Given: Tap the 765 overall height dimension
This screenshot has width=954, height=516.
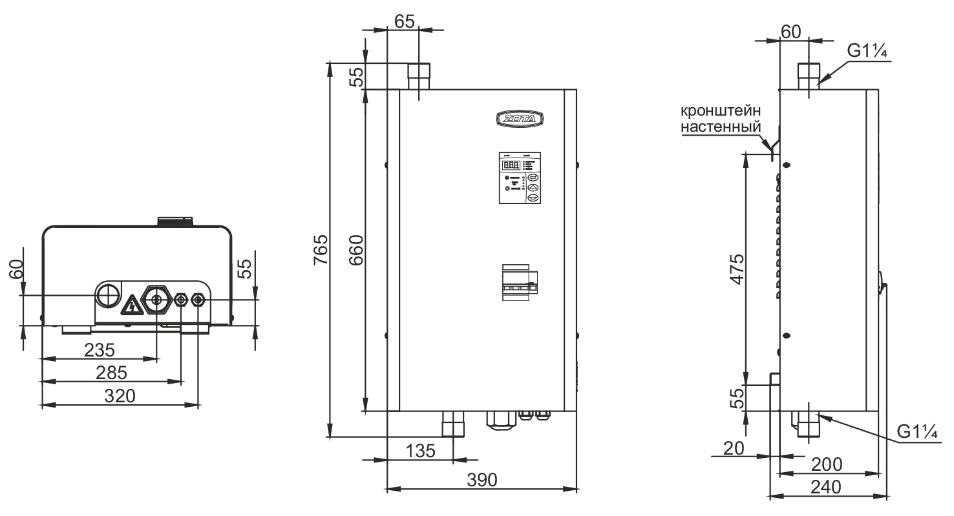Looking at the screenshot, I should coord(321,251).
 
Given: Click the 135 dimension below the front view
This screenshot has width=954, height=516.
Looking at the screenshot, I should coord(419,450).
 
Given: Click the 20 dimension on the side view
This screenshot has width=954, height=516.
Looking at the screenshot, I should coord(734,447).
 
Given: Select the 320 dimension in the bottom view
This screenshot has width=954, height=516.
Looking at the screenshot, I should coord(121,395).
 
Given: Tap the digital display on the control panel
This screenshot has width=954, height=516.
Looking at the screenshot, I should coord(511,165).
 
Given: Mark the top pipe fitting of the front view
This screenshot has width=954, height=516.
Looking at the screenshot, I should coord(419,76).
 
